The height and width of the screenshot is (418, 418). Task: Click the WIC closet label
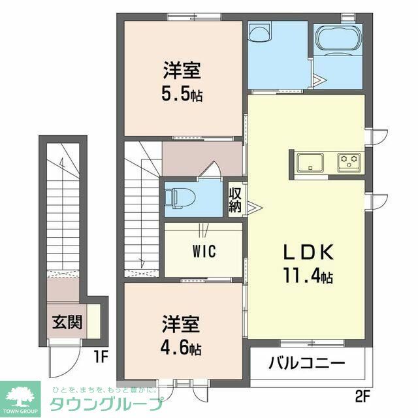coord(204,251)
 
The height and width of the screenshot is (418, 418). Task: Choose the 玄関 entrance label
coord(67,323)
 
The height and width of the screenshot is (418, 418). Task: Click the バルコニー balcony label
coord(307,362)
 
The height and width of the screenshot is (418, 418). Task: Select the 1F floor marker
coord(99,357)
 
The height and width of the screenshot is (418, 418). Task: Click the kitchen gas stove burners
coord(349,160)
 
